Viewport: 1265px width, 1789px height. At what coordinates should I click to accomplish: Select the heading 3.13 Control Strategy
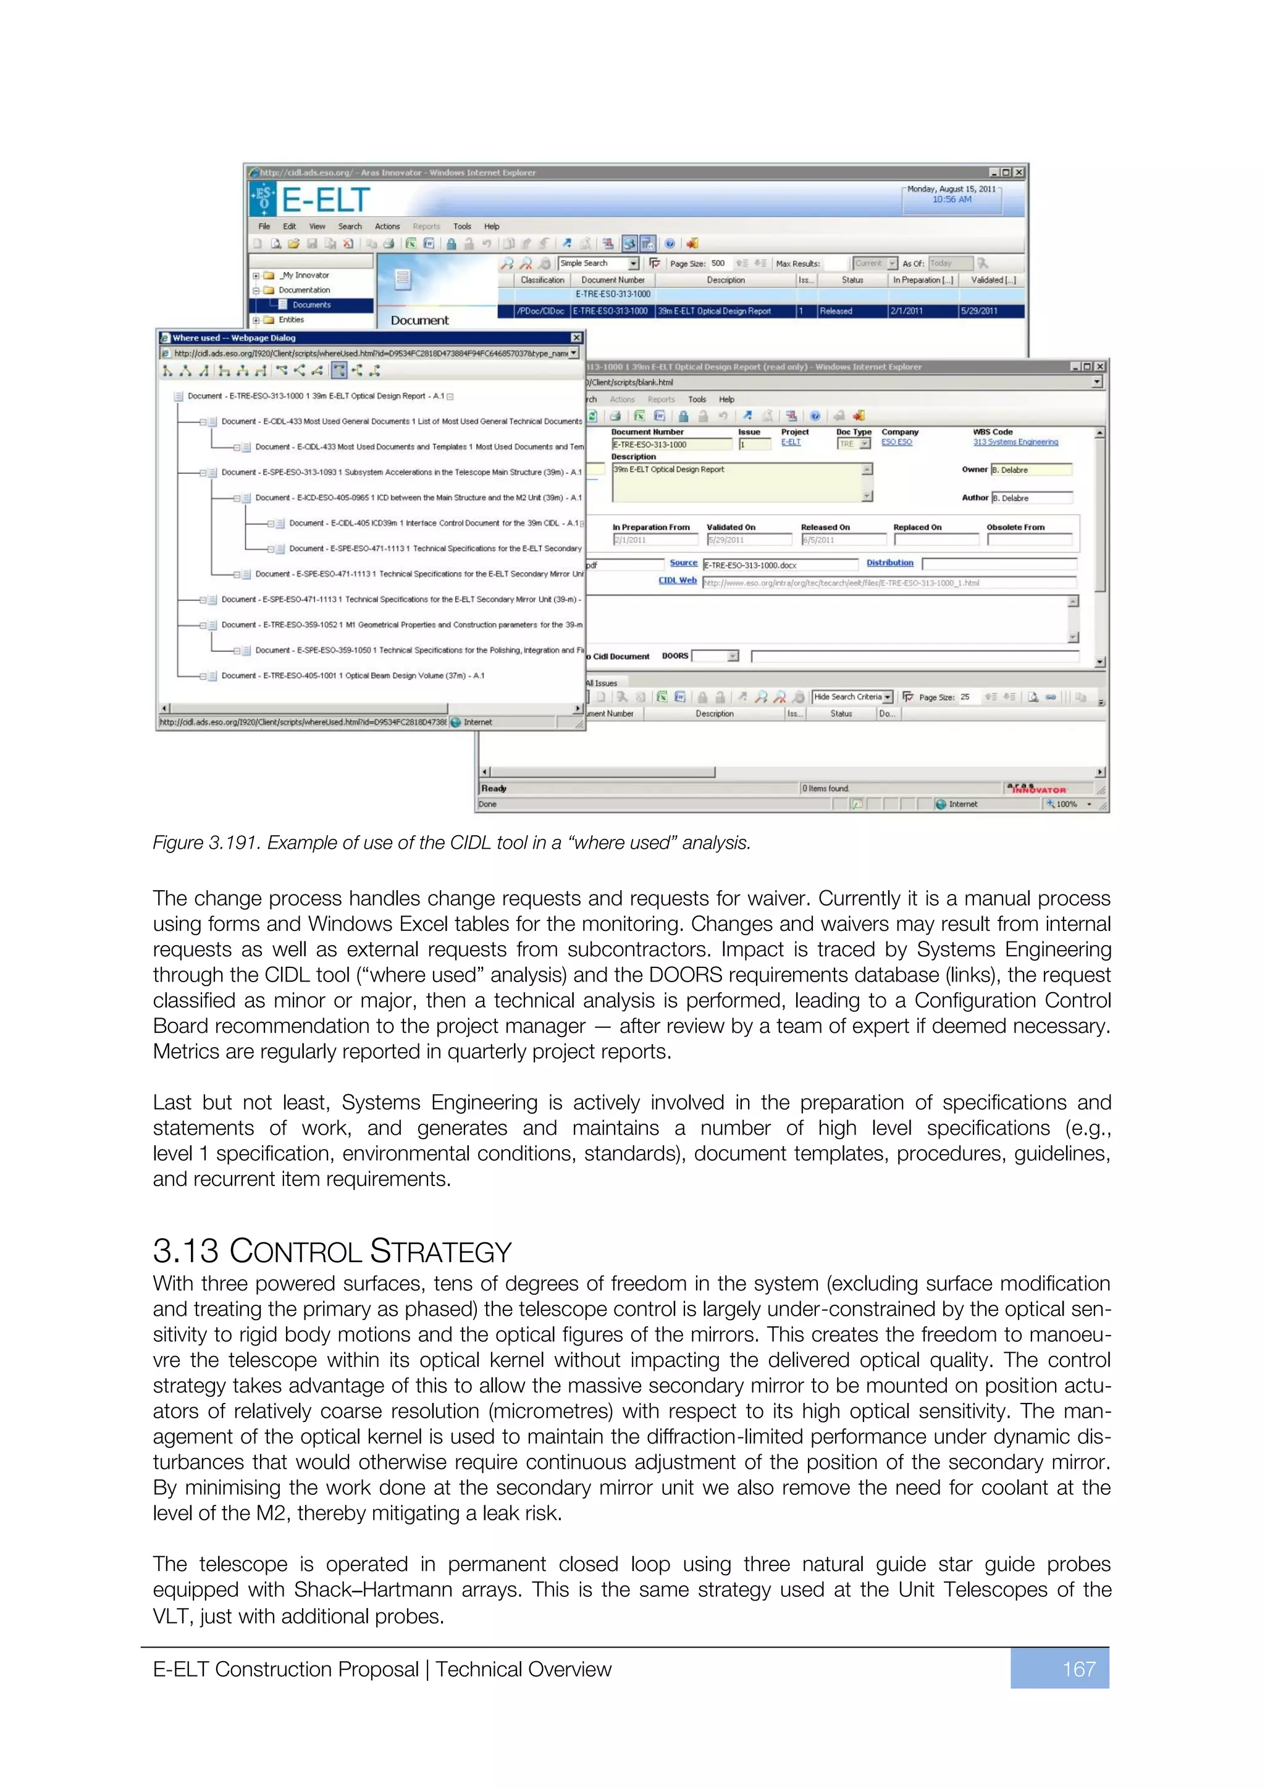(332, 1252)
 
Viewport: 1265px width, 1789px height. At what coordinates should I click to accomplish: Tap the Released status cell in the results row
(836, 311)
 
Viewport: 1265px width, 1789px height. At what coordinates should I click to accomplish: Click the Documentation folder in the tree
(304, 290)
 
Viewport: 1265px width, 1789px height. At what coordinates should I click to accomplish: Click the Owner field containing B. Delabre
(1030, 470)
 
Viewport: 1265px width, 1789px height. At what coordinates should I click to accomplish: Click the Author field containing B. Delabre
(1030, 498)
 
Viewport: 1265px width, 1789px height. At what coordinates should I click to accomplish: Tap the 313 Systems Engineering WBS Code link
(1015, 442)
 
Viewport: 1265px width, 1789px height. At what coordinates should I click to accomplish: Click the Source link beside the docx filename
(683, 563)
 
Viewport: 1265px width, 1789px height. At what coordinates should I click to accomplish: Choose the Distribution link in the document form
(889, 563)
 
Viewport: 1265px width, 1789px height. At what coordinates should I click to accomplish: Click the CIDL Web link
(677, 581)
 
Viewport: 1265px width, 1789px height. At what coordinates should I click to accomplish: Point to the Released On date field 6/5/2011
(842, 540)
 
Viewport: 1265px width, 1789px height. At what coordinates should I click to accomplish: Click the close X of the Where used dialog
(576, 337)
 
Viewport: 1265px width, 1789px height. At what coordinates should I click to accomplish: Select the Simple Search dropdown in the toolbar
(599, 263)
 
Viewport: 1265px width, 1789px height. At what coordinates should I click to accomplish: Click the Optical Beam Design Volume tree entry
(352, 676)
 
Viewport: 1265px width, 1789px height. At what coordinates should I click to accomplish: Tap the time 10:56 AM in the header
(952, 200)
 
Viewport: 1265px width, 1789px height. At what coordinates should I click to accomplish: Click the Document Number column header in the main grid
(613, 280)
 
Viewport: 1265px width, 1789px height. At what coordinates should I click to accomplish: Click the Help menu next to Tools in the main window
(492, 227)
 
